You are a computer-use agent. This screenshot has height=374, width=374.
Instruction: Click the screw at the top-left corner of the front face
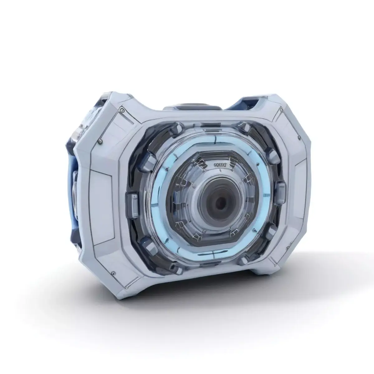coord(122,110)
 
